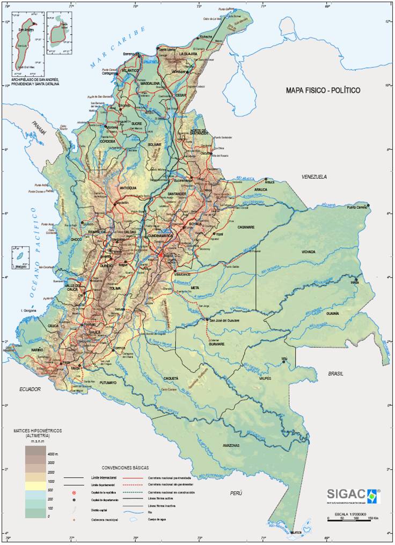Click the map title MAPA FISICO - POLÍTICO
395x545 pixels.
pos(323,90)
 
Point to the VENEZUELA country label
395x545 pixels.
pos(314,176)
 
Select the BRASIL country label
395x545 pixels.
pos(336,373)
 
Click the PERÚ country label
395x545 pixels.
pos(237,492)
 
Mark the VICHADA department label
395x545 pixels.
pos(309,252)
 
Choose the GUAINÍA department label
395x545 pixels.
pos(332,313)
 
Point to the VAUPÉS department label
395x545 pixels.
pos(265,378)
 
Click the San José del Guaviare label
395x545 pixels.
pos(224,320)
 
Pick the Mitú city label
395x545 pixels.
pos(284,358)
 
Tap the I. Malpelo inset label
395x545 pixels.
pos(20,267)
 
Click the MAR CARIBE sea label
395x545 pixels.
pos(118,48)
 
